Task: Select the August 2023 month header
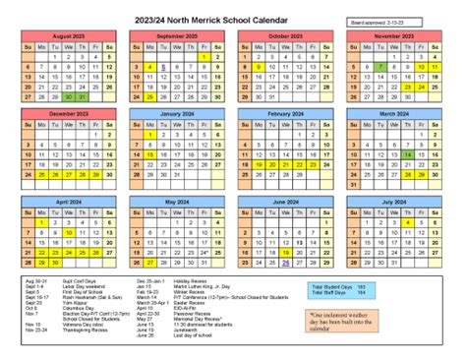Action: [x=67, y=36]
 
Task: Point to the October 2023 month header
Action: [x=284, y=36]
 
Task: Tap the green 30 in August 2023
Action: [x=67, y=96]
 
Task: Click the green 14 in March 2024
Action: [x=407, y=154]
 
